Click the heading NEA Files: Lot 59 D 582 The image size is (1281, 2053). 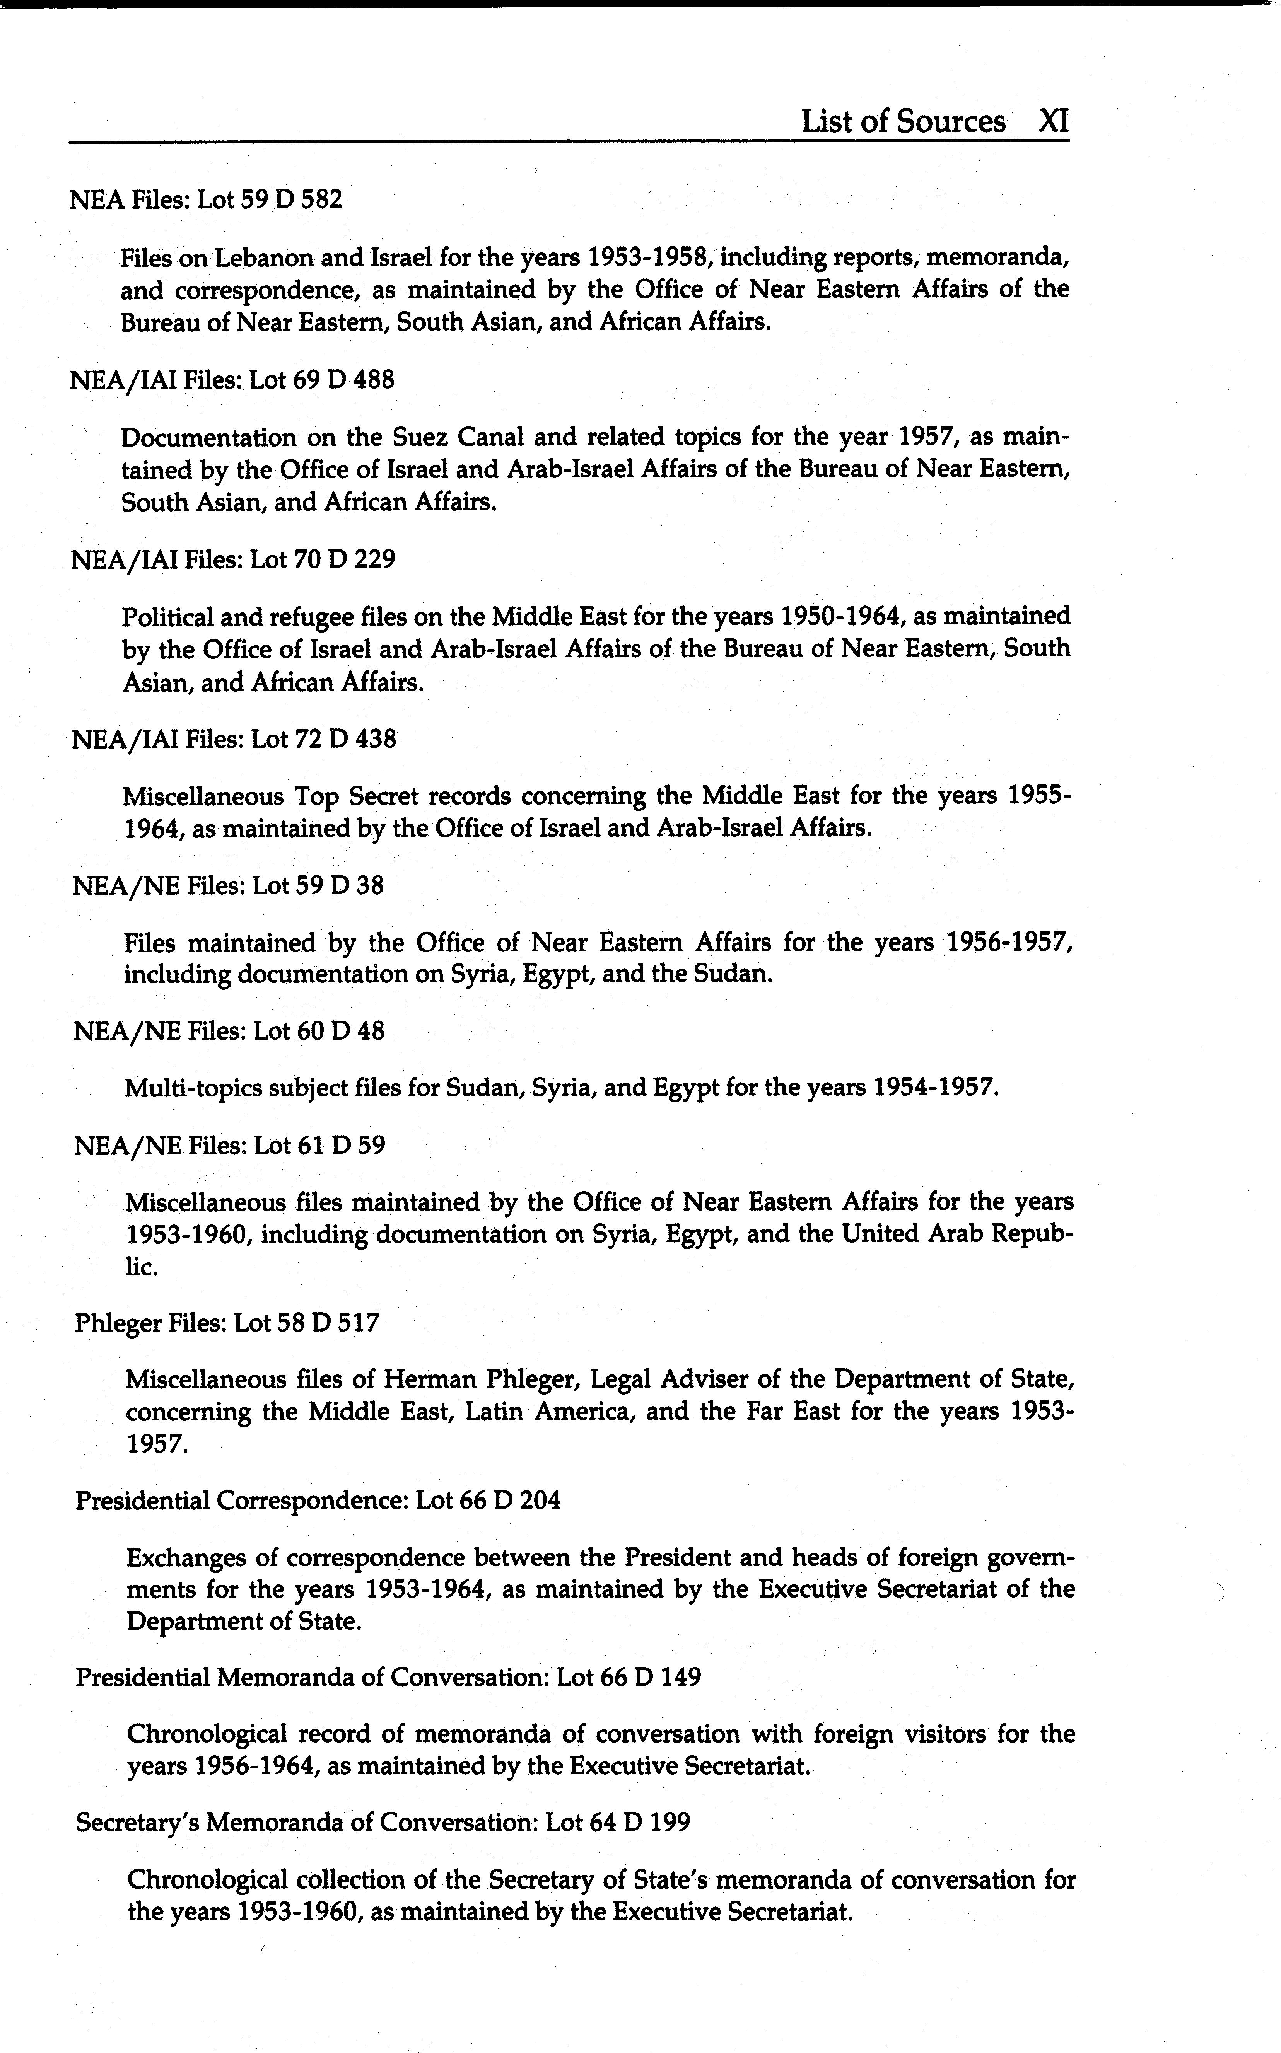click(x=206, y=200)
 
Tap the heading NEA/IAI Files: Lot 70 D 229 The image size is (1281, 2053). click(x=233, y=560)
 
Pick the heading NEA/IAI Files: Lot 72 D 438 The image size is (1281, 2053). click(x=234, y=739)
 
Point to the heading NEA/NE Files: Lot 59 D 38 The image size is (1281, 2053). click(x=229, y=886)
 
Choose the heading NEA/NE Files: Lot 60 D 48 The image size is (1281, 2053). click(x=229, y=1032)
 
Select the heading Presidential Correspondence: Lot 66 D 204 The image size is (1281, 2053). click(x=318, y=1501)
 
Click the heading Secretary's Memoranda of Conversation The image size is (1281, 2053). click(x=383, y=1822)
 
